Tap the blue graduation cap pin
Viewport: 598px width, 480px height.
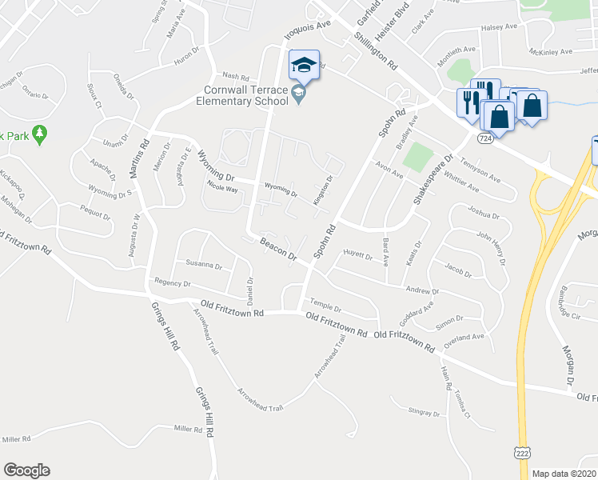[304, 65]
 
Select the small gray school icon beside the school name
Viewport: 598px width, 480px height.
[298, 95]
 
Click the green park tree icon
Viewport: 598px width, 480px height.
[39, 134]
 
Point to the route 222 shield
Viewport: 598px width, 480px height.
[521, 453]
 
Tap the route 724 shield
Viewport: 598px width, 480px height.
[484, 138]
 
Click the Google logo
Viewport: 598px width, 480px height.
[26, 470]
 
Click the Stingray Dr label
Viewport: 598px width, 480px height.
[424, 414]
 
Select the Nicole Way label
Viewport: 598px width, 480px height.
[222, 190]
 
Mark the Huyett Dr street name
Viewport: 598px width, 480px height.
[357, 257]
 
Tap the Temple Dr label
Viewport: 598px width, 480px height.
[325, 306]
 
